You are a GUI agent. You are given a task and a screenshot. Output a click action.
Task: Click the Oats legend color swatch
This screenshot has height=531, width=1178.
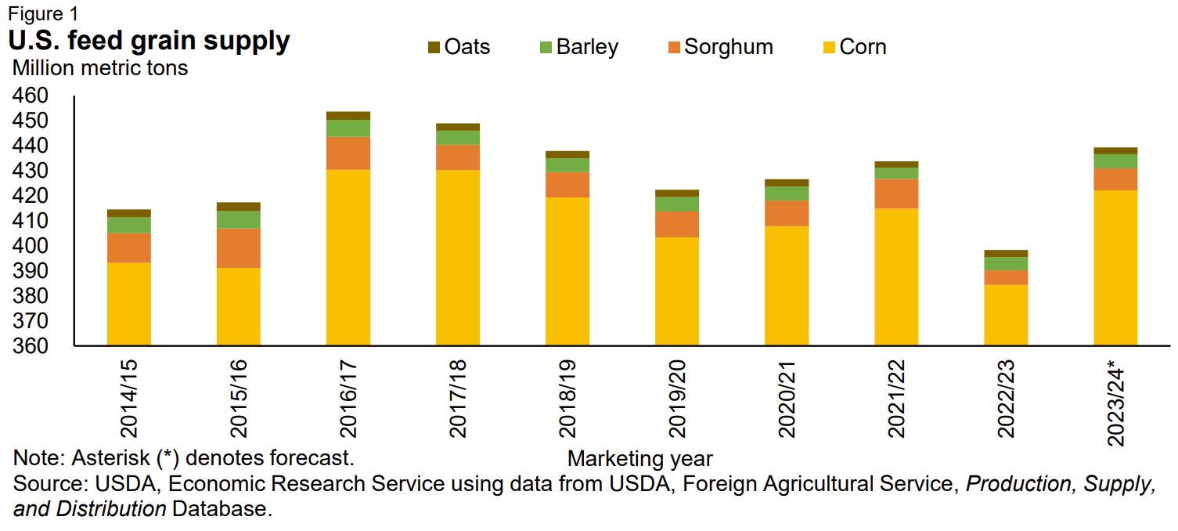tap(433, 48)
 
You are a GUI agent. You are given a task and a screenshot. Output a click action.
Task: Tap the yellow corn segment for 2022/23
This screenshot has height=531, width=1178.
tap(1006, 315)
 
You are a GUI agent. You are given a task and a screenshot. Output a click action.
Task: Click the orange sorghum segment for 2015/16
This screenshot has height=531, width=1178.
tap(239, 247)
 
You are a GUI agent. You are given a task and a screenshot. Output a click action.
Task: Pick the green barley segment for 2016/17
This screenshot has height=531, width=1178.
tap(348, 128)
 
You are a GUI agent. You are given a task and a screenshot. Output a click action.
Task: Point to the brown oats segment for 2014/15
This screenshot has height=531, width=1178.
tap(129, 213)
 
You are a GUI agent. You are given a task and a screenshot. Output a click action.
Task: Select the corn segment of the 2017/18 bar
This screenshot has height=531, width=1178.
tap(458, 258)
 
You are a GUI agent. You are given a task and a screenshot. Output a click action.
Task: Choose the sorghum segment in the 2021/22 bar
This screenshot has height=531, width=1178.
tap(896, 193)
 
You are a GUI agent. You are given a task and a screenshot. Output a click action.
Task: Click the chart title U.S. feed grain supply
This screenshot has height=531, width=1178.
tap(149, 41)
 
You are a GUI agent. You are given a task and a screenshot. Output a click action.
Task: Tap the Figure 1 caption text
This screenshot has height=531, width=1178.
tap(42, 13)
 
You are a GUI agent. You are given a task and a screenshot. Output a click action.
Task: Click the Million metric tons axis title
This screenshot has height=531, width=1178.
tap(100, 68)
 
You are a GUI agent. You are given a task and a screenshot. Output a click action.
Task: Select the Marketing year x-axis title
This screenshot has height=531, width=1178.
tap(639, 458)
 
